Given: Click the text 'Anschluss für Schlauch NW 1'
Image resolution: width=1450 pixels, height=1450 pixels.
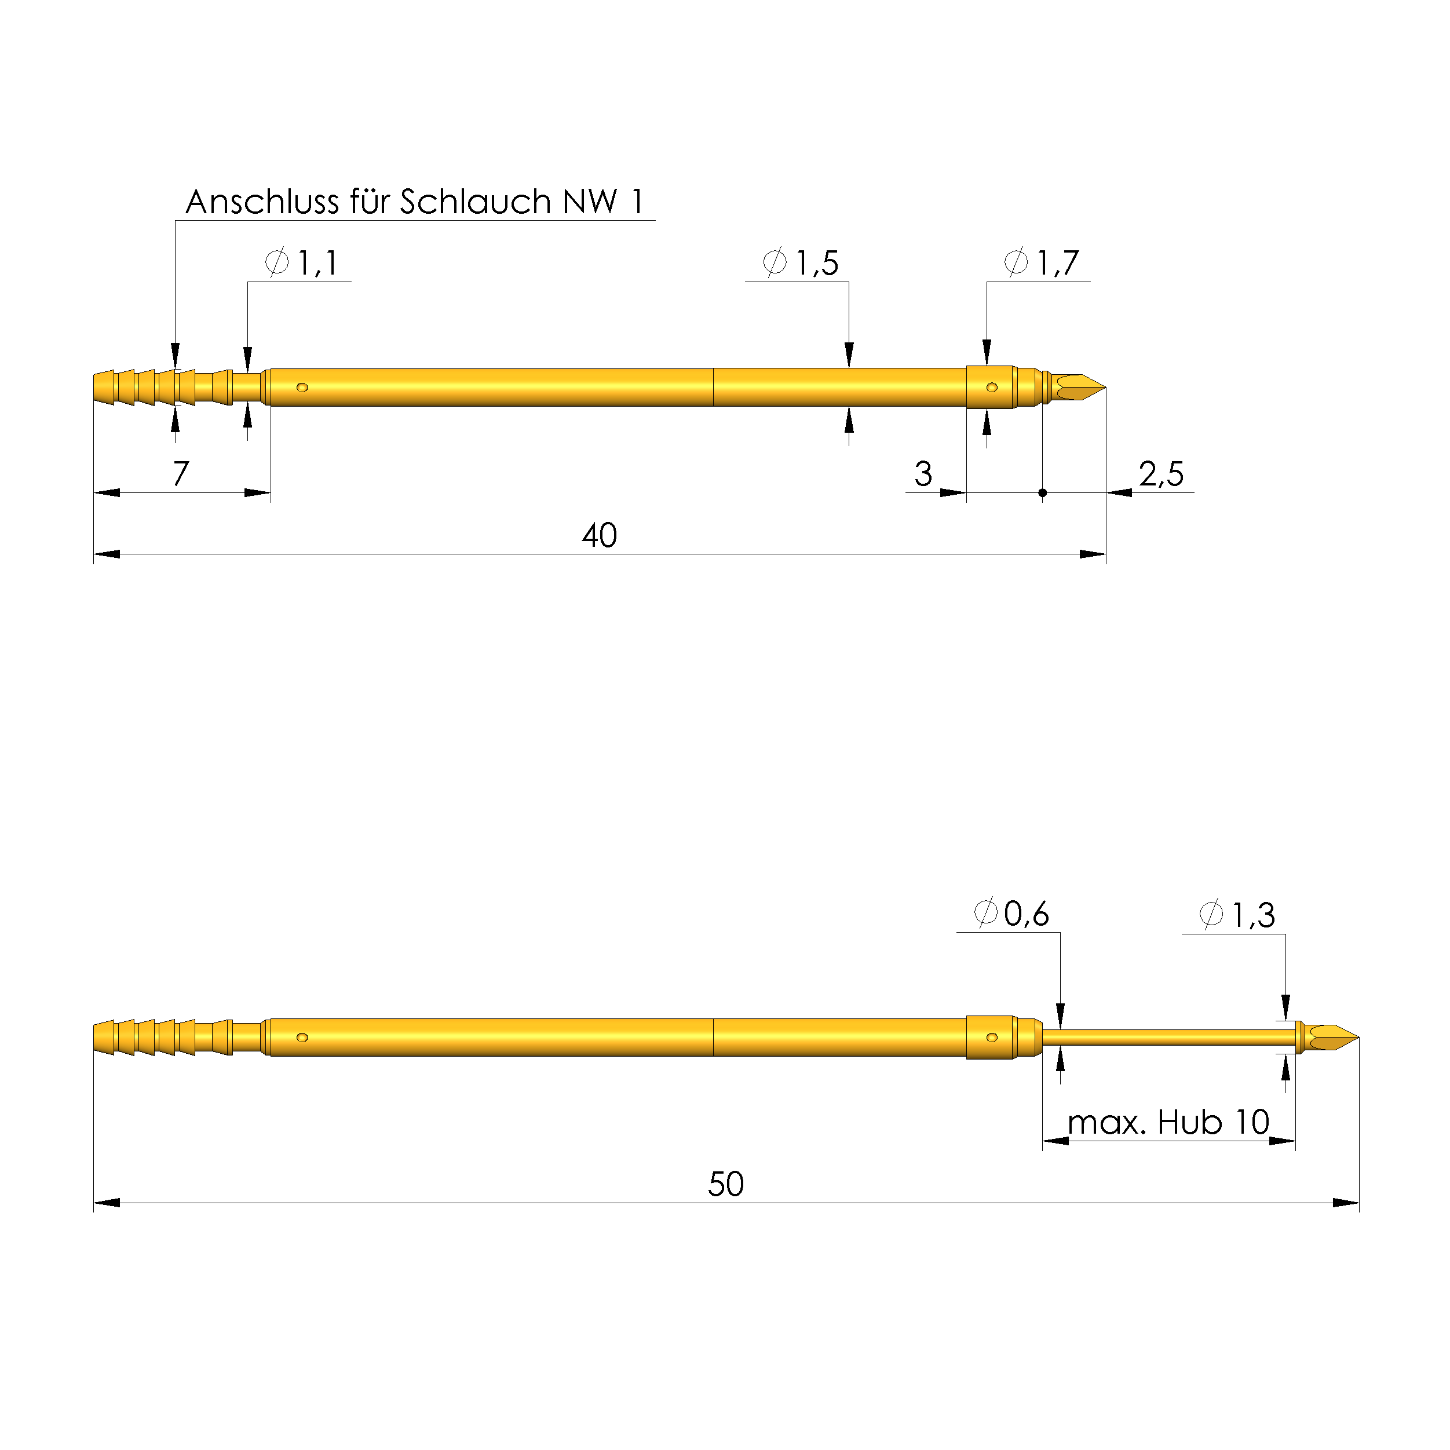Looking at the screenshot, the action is [415, 202].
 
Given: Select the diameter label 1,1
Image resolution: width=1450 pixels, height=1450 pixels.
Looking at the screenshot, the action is [302, 262].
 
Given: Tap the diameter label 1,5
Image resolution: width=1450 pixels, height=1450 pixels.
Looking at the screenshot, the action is [801, 262].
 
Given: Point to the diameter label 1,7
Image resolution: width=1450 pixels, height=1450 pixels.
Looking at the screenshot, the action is [1042, 262].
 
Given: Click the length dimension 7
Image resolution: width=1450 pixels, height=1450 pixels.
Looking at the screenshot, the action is [181, 473].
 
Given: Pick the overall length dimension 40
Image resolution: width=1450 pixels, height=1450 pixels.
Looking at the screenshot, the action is [599, 536].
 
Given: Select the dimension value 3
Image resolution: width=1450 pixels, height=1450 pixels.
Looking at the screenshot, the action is [923, 473].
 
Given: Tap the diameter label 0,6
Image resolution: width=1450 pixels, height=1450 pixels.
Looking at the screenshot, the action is [1011, 914].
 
